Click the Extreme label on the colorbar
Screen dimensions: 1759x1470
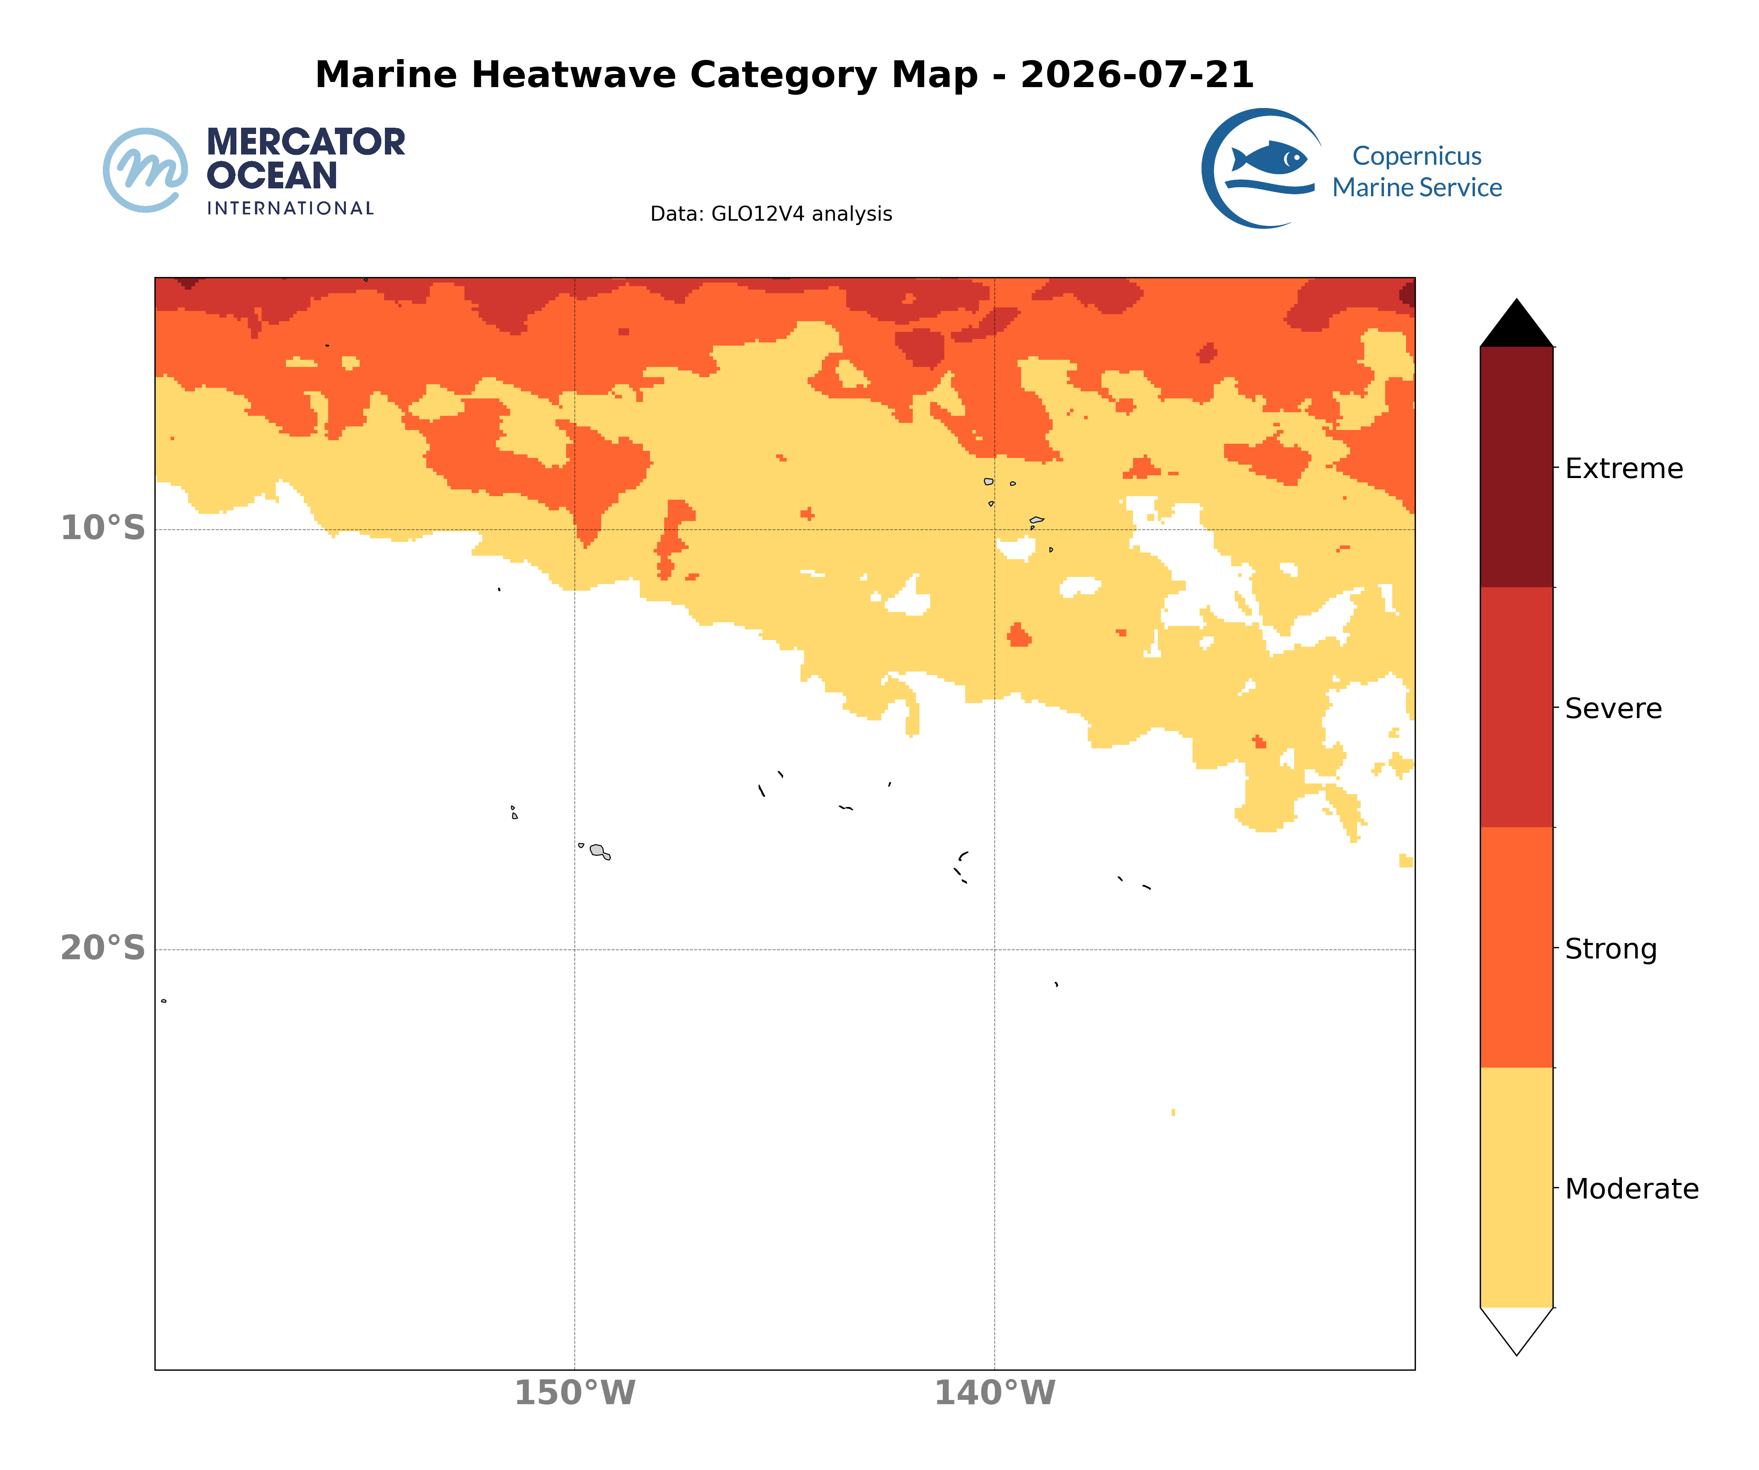point(1623,469)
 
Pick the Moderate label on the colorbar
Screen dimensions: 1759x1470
point(1632,1189)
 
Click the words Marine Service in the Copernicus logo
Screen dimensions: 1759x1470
point(1417,188)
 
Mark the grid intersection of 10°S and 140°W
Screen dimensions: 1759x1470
point(995,529)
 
